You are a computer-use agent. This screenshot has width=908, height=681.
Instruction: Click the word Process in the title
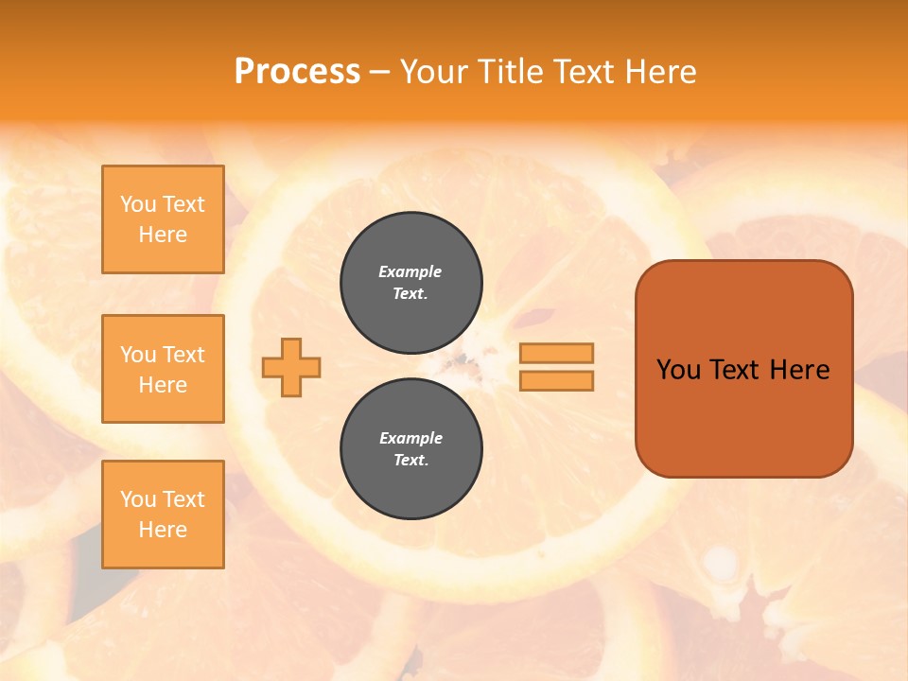297,72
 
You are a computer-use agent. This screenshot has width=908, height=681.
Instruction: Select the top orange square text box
163,219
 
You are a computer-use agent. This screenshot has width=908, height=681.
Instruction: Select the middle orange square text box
163,369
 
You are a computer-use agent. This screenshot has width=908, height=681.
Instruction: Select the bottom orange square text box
163,515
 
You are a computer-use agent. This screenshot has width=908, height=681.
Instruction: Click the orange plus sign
291,367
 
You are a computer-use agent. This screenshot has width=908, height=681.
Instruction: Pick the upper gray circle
411,282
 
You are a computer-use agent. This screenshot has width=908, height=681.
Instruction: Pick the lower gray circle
411,448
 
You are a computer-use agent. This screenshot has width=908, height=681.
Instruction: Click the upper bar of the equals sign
557,353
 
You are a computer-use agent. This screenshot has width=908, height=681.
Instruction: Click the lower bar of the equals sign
557,380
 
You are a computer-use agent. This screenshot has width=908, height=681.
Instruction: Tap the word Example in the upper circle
410,271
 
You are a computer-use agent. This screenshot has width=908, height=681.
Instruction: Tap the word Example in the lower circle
410,438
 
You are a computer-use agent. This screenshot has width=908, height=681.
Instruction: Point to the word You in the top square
138,204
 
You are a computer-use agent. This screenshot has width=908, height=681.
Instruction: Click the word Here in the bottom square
163,530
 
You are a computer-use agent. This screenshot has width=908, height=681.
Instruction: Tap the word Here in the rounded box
799,370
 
